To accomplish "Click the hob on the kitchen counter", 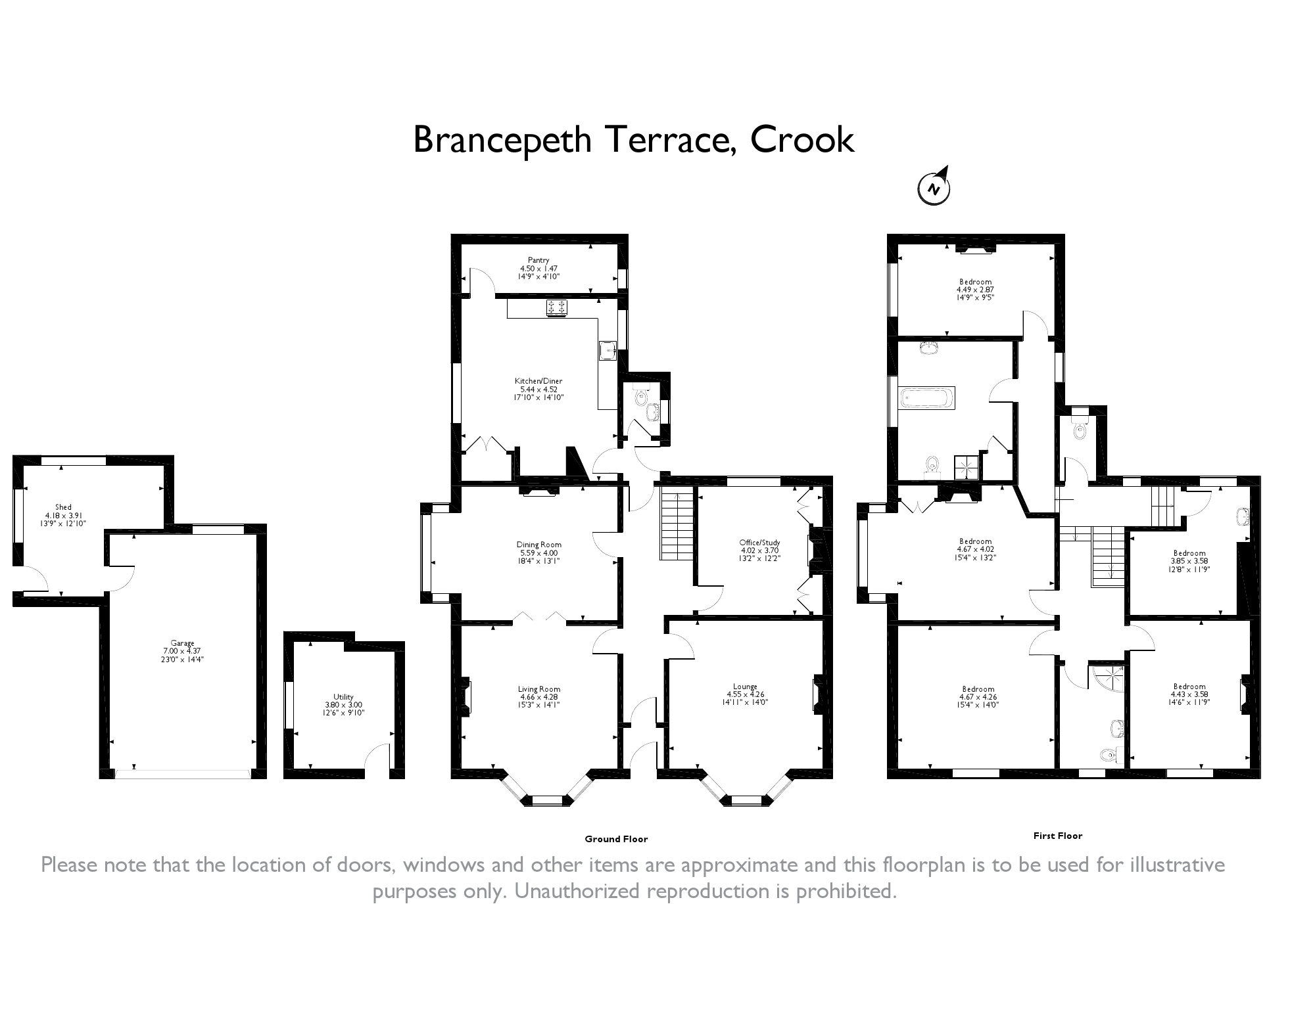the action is click(557, 307).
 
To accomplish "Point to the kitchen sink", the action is click(608, 350).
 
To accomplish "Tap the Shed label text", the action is click(63, 507).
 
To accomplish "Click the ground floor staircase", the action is click(677, 526).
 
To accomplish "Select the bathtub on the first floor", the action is click(927, 398).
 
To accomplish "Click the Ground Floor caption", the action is click(616, 839).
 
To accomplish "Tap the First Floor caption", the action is click(1057, 836).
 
